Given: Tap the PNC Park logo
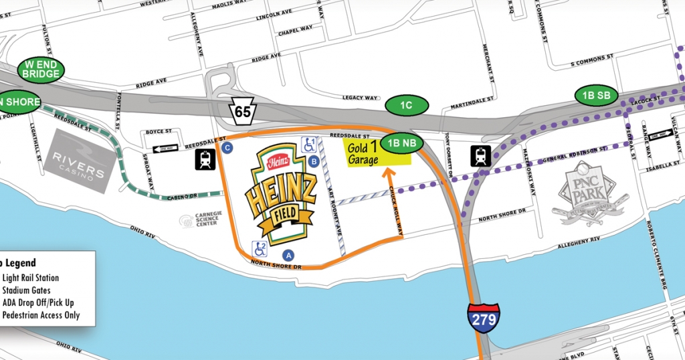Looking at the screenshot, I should pyautogui.click(x=589, y=194).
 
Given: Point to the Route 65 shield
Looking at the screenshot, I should pyautogui.click(x=243, y=110).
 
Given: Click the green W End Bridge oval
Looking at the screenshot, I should pyautogui.click(x=41, y=69).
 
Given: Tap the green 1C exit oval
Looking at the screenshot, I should pyautogui.click(x=407, y=106).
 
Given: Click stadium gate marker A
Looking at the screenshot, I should pyautogui.click(x=289, y=254).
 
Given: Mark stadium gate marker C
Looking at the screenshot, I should pyautogui.click(x=228, y=147).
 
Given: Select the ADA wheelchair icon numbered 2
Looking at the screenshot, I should pyautogui.click(x=260, y=249).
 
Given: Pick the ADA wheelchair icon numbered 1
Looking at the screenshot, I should pyautogui.click(x=310, y=144).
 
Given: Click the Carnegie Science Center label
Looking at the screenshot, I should pyautogui.click(x=200, y=221).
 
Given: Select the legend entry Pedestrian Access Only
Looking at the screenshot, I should pyautogui.click(x=41, y=314).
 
